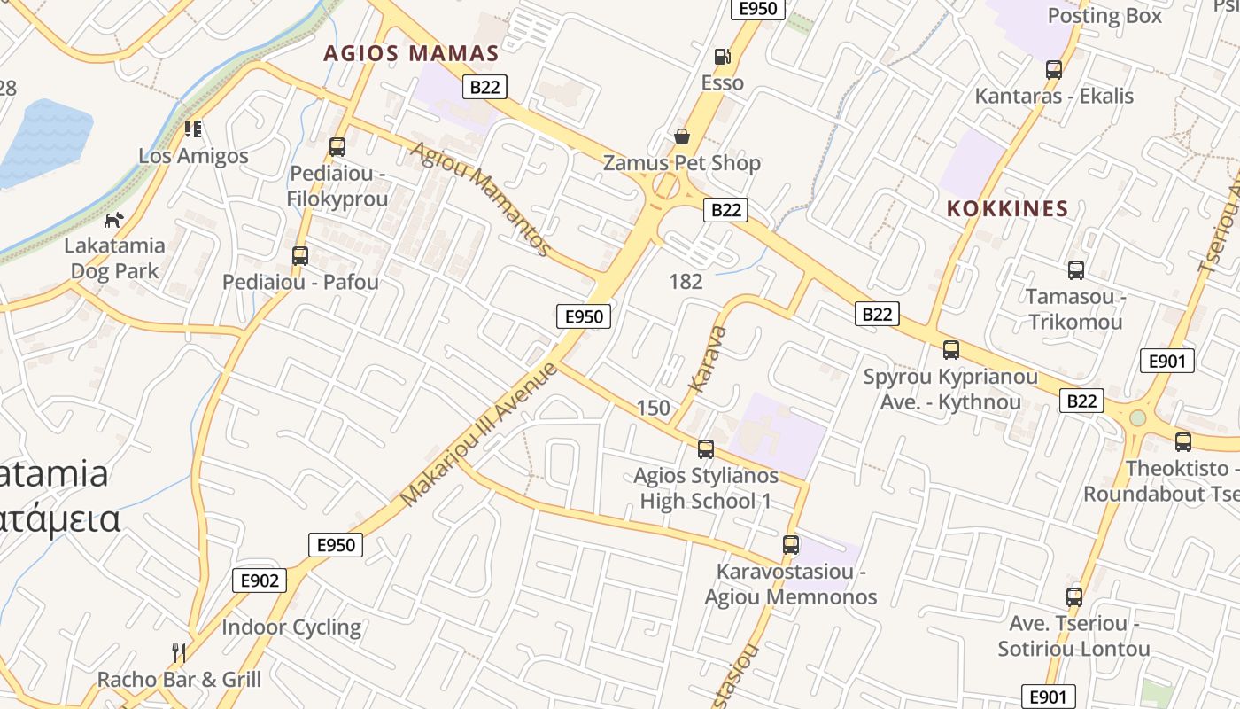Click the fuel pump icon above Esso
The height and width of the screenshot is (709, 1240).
[723, 57]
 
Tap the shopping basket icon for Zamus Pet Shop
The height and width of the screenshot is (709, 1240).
[682, 136]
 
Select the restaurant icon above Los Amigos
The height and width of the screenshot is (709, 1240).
[193, 129]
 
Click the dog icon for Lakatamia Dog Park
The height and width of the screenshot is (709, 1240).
[113, 220]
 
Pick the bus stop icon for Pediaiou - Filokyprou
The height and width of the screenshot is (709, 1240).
[337, 147]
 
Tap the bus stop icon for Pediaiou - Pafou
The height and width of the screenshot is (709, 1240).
[300, 256]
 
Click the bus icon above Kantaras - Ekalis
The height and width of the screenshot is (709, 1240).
[1054, 69]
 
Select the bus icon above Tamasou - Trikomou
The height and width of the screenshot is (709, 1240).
[1076, 270]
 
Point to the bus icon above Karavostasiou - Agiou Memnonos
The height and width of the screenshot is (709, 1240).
[791, 545]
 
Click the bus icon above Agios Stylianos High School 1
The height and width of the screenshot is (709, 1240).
[706, 449]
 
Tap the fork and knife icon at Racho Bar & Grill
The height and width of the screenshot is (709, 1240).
[179, 653]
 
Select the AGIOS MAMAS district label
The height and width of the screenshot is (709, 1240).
[411, 53]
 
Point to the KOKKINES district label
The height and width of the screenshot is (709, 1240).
[1007, 209]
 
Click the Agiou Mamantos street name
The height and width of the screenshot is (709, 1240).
[481, 199]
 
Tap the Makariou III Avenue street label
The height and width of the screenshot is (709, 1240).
[479, 434]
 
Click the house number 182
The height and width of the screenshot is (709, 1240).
[686, 282]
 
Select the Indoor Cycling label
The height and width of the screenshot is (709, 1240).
[291, 627]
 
